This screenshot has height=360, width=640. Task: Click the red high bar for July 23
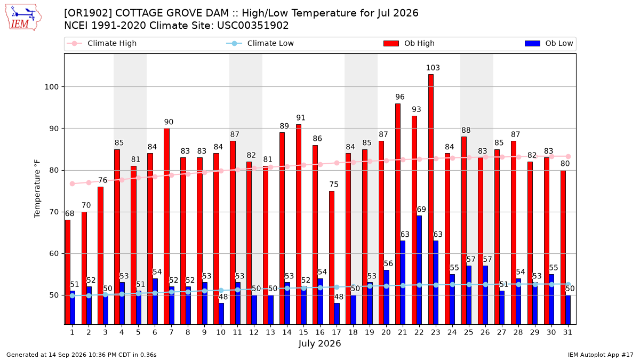430,199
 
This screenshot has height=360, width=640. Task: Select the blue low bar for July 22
419,270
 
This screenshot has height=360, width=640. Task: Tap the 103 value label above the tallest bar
433,68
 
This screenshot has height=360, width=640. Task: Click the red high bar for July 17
331,258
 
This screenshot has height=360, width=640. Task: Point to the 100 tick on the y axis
51,87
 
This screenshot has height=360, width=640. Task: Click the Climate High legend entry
101,43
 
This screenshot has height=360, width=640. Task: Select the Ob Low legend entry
549,43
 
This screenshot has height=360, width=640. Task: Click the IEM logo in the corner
23,18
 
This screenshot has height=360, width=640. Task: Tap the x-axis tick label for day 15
303,332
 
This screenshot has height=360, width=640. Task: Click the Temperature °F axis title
37,189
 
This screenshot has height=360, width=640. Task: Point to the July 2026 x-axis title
319,343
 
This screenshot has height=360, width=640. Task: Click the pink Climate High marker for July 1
73,183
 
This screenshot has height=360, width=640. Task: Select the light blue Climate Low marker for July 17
337,287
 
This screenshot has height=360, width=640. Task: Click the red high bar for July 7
166,226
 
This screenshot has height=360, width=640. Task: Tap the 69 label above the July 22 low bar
421,210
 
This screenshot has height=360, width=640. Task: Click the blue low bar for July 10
221,314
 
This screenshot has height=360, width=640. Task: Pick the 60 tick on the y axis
54,254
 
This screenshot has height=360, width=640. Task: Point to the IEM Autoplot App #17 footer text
601,355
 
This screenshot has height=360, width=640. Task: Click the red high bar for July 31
563,247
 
